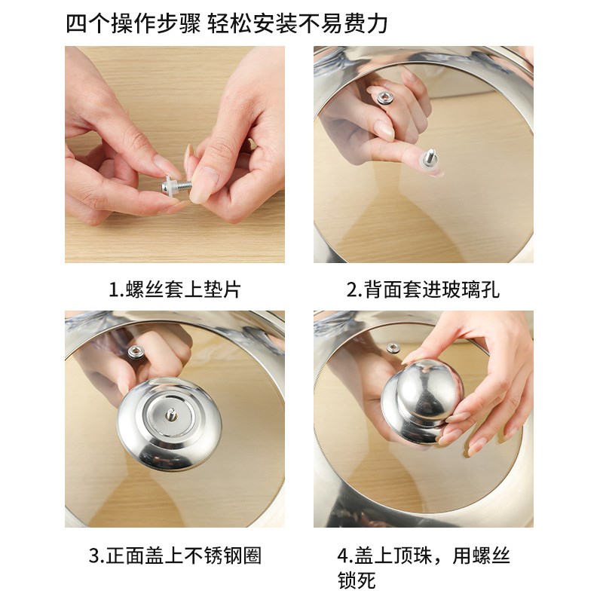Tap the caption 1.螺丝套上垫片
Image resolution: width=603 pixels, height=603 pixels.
click(x=174, y=289)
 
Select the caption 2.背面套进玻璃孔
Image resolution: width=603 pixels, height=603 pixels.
click(x=423, y=289)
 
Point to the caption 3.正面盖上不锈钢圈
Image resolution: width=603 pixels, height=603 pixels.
click(x=175, y=556)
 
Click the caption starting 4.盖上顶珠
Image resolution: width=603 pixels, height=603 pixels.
click(x=423, y=556)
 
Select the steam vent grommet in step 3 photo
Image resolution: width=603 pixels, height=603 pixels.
click(x=137, y=350)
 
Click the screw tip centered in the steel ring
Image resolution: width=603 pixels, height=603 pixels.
click(x=171, y=414)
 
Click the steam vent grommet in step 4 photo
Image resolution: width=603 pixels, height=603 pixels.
click(x=393, y=347)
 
